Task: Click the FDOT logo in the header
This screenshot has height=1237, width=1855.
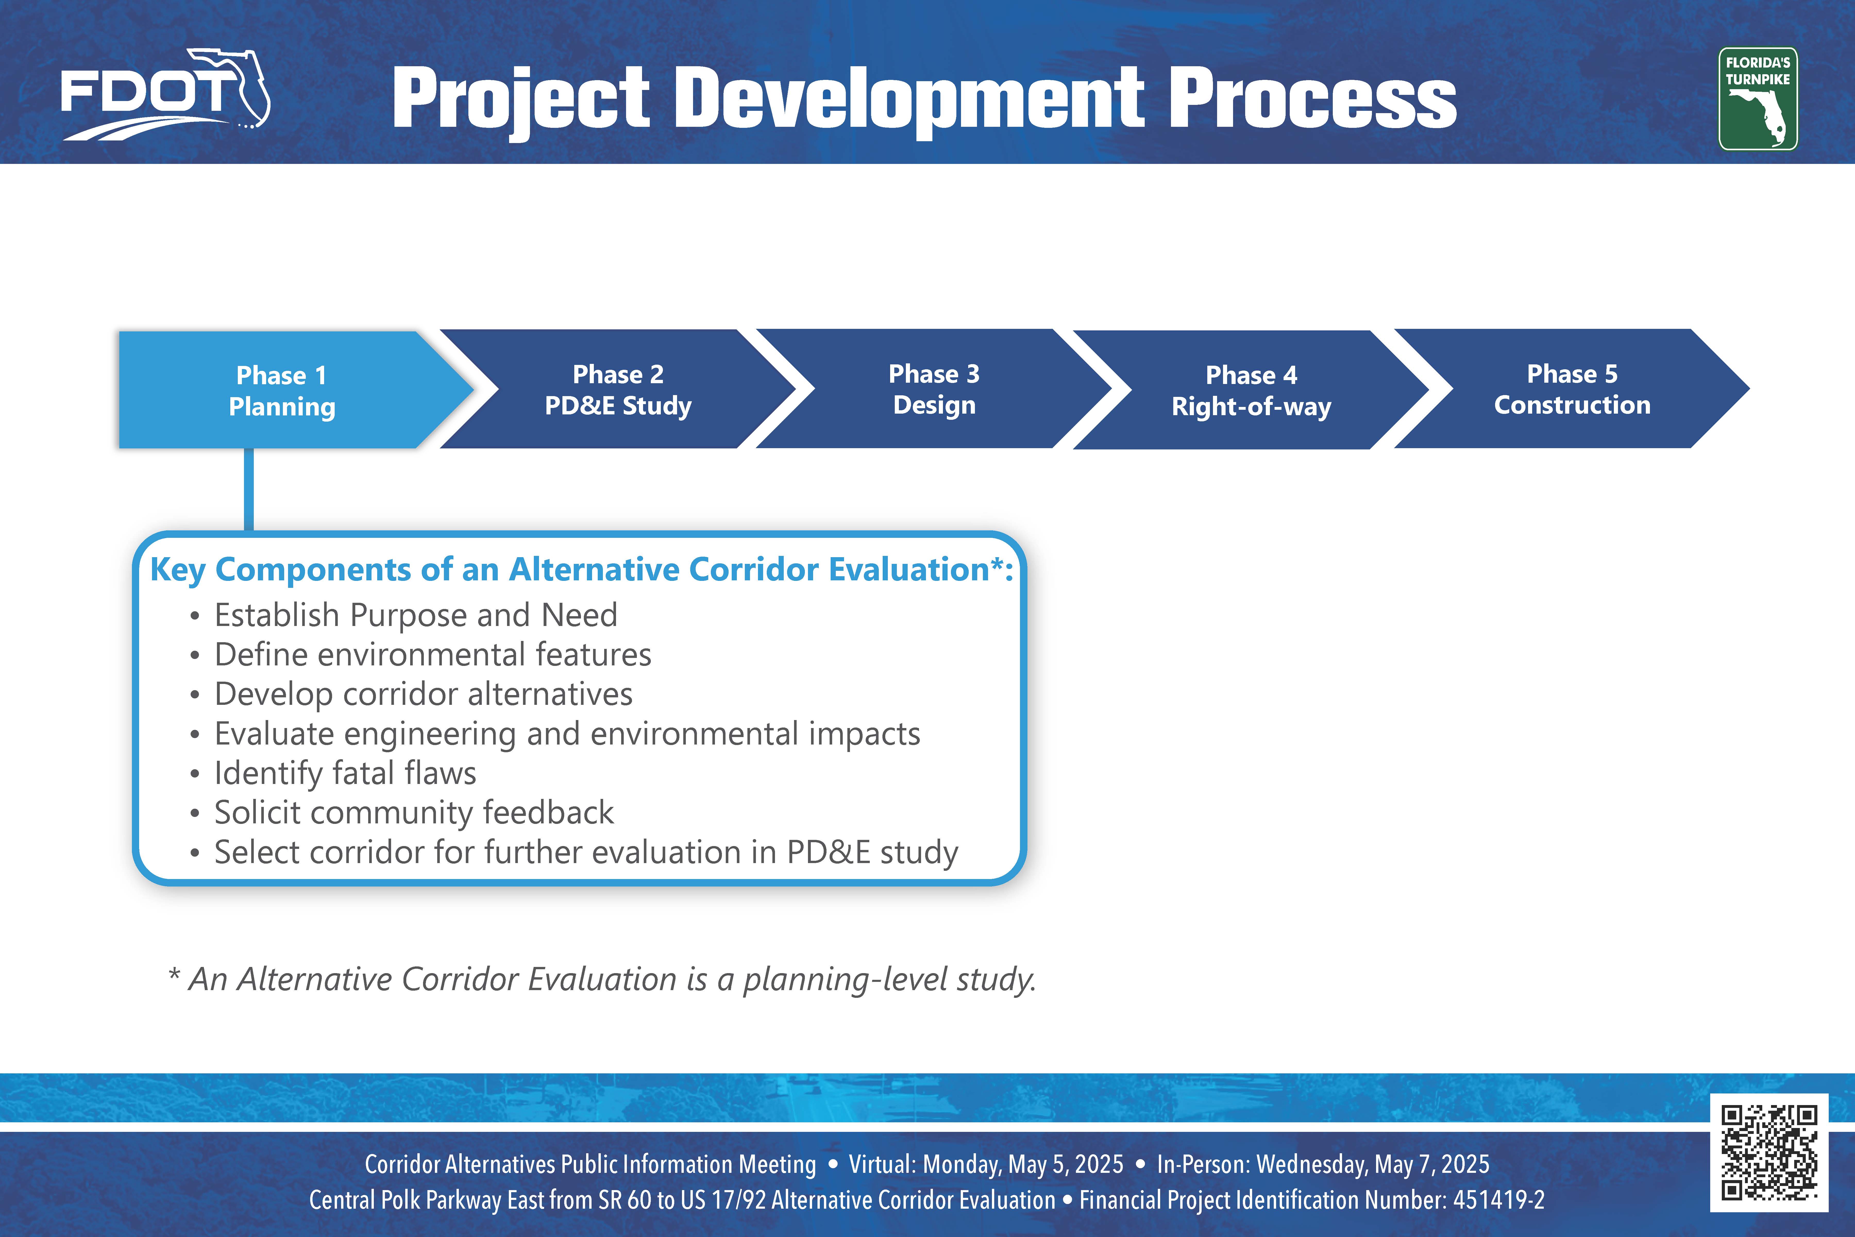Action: pos(166,95)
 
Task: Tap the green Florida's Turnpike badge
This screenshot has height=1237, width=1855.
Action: pos(1758,99)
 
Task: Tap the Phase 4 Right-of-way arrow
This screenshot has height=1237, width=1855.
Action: pos(1252,390)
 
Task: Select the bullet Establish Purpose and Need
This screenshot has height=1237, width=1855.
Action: pos(416,615)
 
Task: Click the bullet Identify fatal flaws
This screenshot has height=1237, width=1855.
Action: pos(345,773)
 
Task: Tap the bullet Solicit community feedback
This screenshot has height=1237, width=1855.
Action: pos(414,813)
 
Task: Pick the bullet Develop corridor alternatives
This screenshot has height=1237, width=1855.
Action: pos(424,694)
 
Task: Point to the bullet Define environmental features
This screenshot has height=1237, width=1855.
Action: pos(433,655)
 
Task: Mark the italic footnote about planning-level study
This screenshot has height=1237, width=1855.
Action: pos(602,979)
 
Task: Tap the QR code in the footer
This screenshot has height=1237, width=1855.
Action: pos(1769,1152)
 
